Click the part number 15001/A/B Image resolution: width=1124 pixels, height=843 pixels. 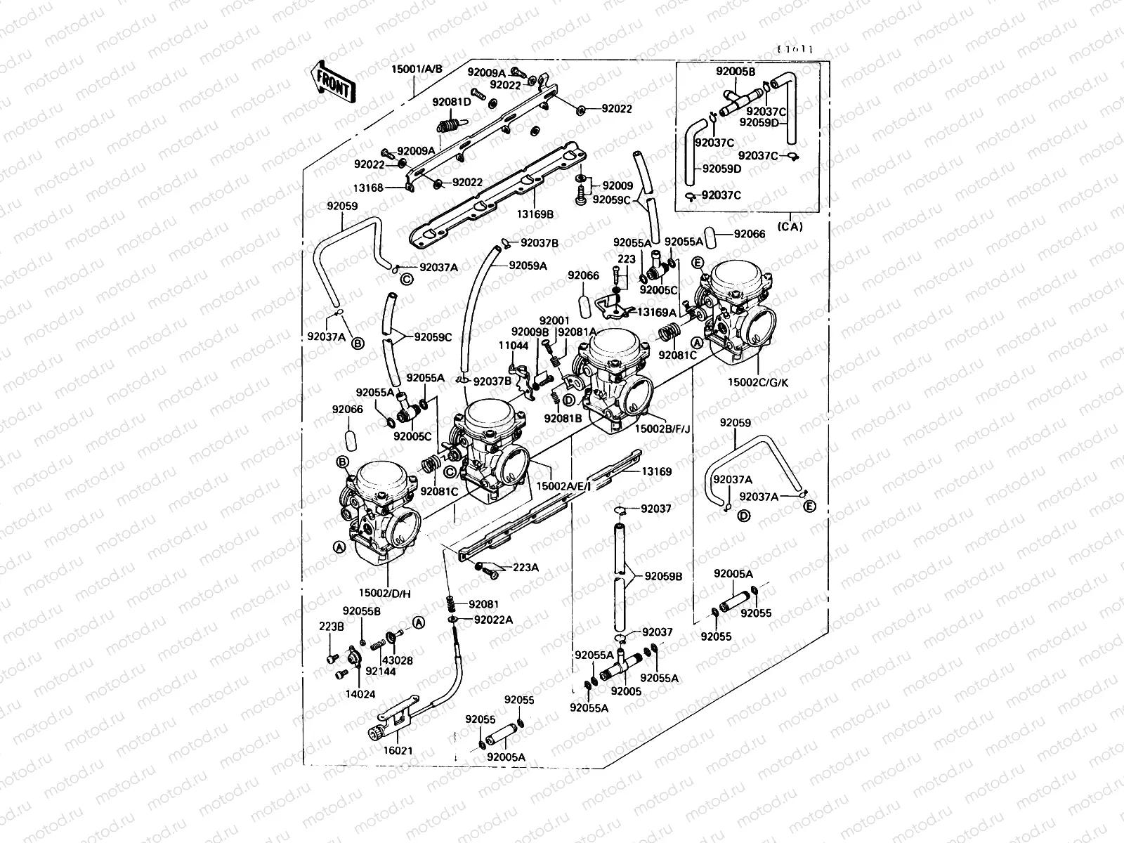tap(417, 69)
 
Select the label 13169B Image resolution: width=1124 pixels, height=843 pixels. tap(535, 213)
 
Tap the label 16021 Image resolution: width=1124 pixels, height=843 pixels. tap(398, 751)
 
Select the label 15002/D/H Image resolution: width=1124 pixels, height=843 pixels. tap(385, 594)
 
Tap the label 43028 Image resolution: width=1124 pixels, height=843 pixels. tap(397, 660)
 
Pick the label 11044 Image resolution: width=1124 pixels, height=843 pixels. tap(514, 346)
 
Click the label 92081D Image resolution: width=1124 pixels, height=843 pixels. tap(452, 102)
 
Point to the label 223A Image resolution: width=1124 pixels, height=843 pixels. tap(525, 568)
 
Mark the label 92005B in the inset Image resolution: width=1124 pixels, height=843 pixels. tap(736, 72)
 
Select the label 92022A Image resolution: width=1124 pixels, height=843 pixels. tap(493, 620)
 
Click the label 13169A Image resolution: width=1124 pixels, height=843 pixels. tap(657, 312)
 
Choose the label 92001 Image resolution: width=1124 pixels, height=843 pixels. tap(554, 320)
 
